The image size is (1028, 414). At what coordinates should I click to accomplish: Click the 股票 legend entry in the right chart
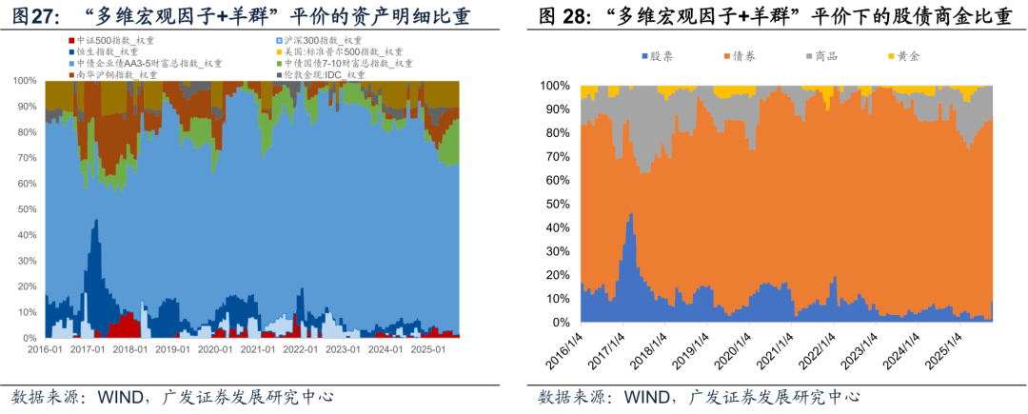[661, 57]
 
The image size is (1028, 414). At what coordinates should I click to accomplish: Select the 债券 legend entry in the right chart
[742, 57]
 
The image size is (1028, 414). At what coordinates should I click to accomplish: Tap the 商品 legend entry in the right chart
[824, 57]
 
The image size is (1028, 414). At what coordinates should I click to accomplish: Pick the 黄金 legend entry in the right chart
[906, 57]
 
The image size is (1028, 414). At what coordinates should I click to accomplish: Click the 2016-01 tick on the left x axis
[45, 349]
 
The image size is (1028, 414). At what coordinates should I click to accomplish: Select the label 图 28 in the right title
[562, 16]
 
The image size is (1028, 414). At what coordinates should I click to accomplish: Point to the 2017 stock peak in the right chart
[630, 215]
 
